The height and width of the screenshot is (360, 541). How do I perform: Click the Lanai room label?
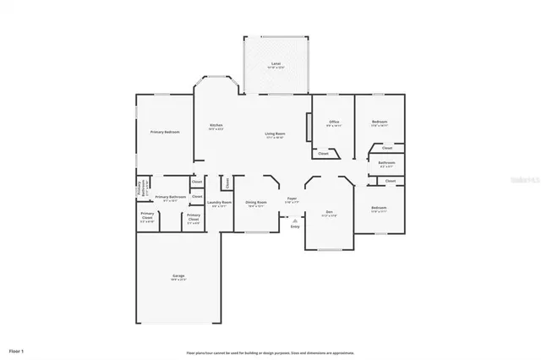point(276,64)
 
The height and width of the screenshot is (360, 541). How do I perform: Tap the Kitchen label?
point(216,127)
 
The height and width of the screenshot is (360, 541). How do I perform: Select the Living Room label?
point(275,134)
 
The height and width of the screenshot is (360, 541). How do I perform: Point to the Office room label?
point(334,123)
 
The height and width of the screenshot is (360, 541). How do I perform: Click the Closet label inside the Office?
point(323,153)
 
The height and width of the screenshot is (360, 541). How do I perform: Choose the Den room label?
point(329,213)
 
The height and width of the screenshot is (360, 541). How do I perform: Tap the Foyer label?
point(292,199)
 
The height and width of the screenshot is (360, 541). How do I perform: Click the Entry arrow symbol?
point(295,217)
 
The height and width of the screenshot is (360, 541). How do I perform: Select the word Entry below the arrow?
point(295,226)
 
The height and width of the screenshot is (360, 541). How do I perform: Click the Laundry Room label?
point(219,203)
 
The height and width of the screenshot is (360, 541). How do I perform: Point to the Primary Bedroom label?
point(165,132)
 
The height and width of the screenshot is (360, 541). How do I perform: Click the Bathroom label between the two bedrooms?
point(386,163)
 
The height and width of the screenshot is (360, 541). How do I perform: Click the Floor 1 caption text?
point(17,350)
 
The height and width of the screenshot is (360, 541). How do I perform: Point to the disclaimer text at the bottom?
point(270,352)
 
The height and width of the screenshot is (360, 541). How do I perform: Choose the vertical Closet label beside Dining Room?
point(227,182)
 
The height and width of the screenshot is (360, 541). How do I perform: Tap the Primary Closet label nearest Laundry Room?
point(194,219)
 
